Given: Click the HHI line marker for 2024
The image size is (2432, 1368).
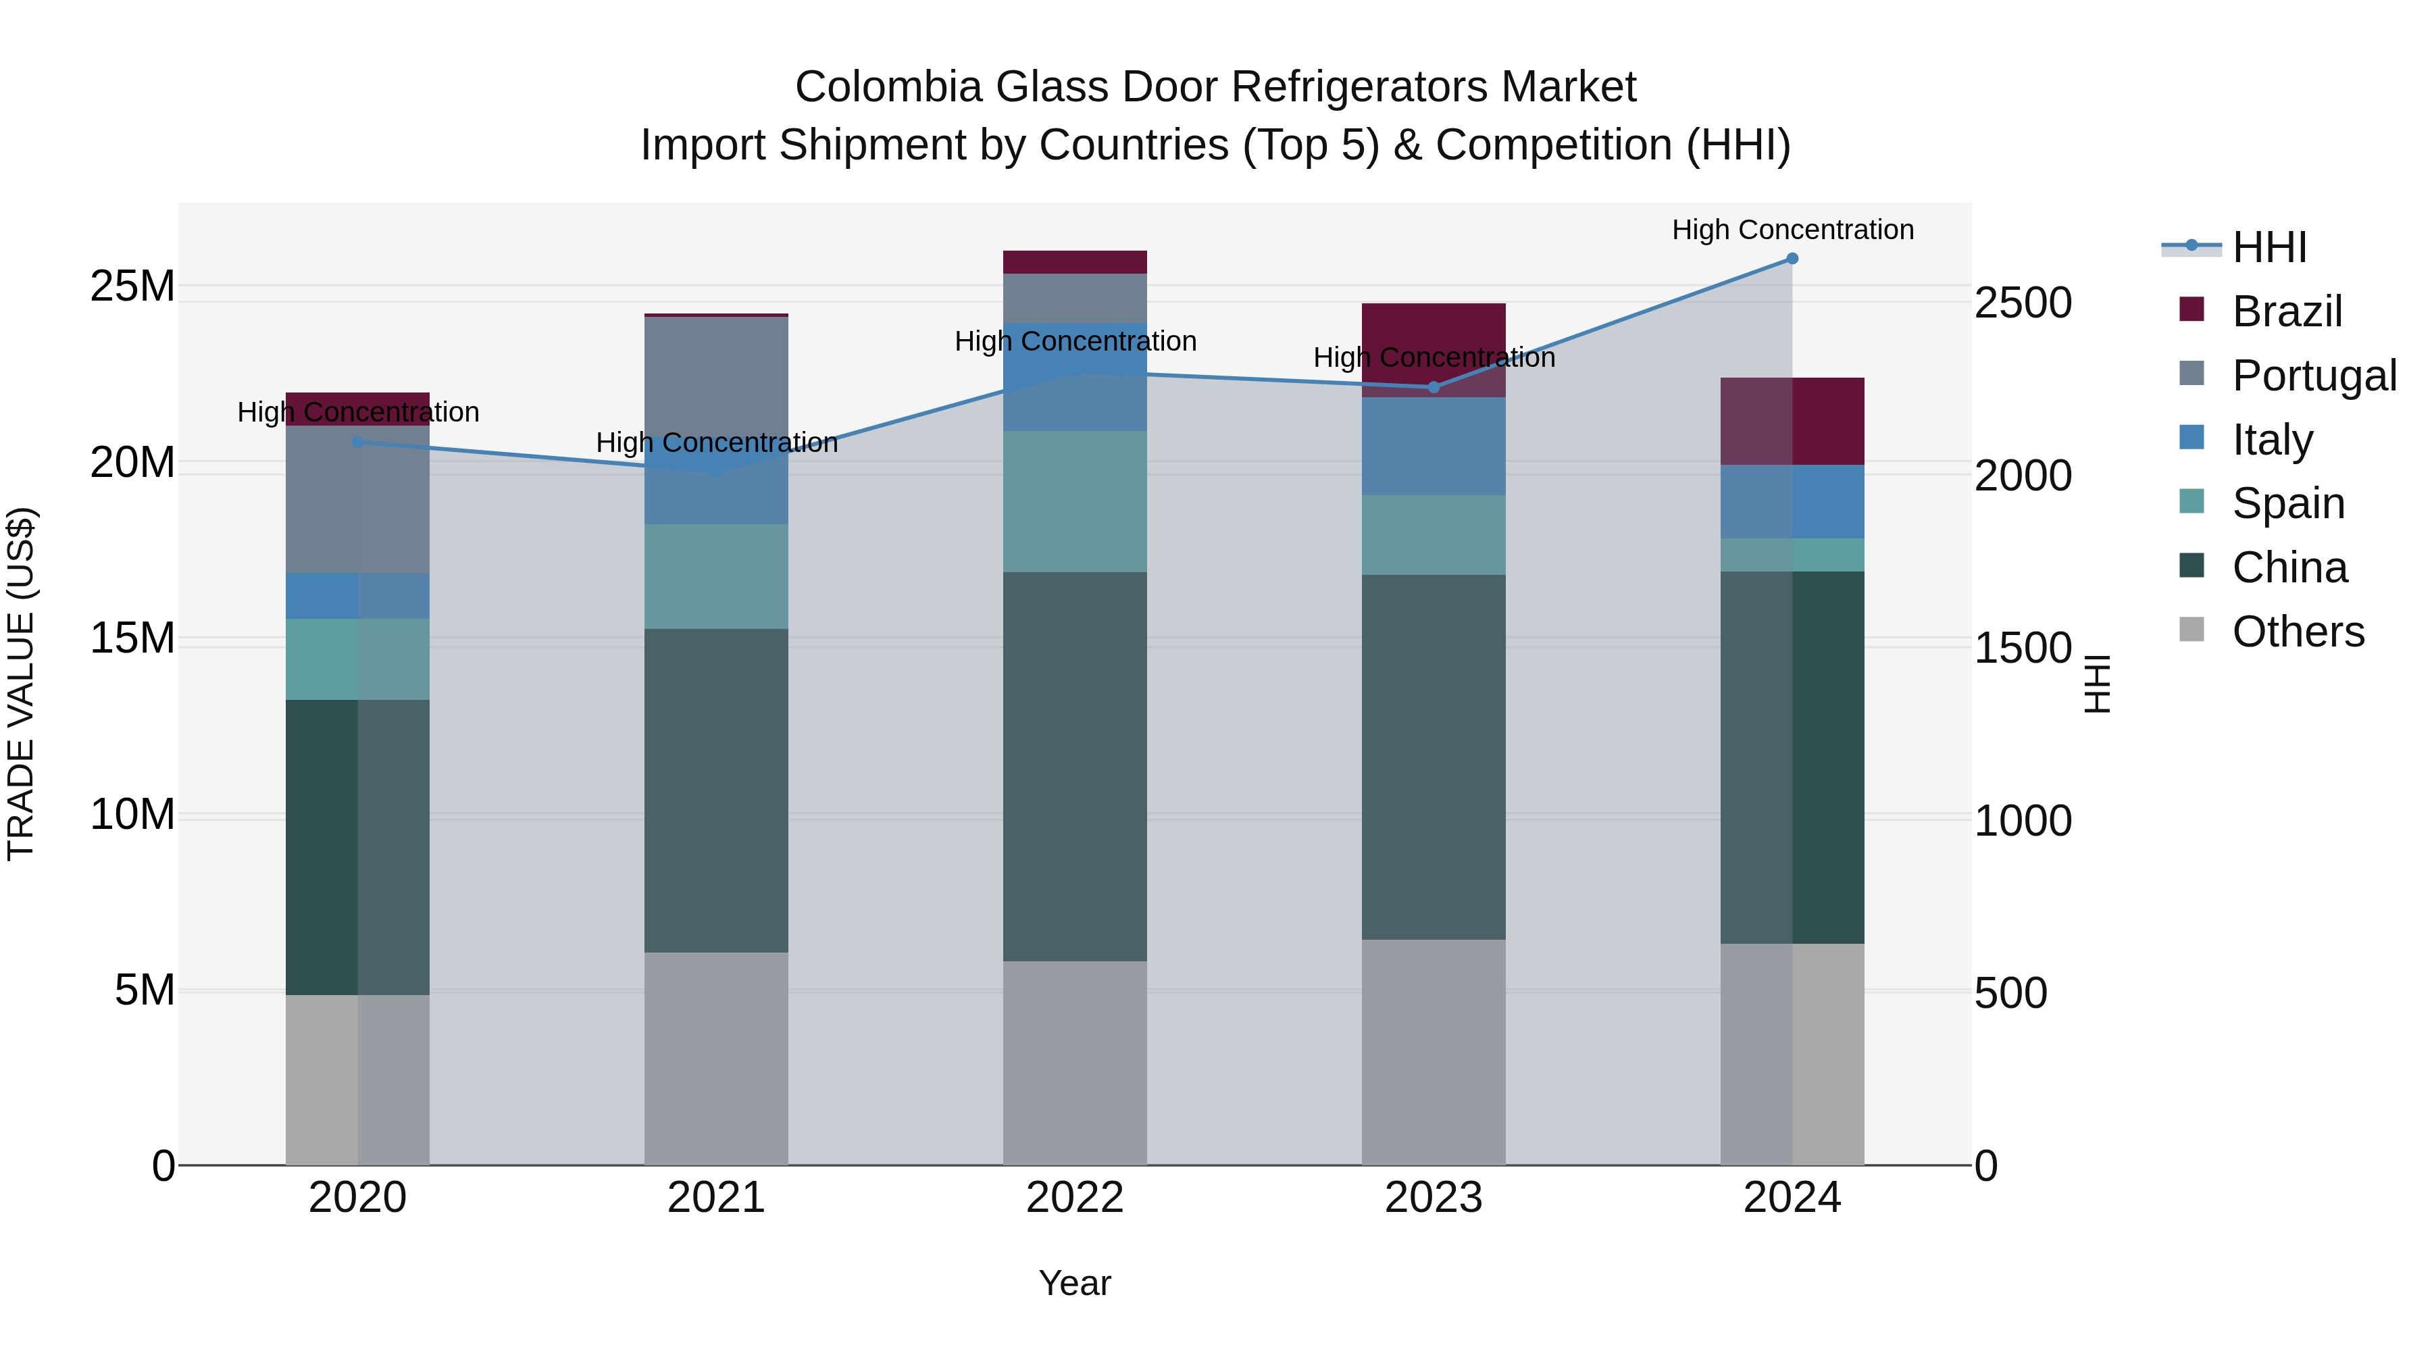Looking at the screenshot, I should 1792,259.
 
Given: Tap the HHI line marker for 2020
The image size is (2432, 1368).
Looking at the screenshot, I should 357,442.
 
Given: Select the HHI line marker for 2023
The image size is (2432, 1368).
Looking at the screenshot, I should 1433,387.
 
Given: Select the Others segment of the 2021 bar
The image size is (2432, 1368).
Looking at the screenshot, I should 715,1057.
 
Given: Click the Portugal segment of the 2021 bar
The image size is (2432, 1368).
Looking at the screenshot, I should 715,378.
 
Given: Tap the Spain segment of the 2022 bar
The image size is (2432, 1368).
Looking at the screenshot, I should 1074,501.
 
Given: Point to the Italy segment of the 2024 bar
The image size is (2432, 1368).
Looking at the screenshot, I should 1792,501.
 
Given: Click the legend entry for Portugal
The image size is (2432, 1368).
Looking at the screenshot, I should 2313,375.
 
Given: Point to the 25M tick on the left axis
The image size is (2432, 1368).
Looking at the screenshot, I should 132,286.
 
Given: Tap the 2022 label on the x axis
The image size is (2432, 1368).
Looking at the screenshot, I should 1074,1197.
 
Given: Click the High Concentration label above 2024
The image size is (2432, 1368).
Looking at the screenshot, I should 1792,230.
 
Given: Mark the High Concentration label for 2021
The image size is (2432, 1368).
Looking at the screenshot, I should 715,442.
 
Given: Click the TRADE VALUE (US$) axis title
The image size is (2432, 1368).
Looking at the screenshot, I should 21,684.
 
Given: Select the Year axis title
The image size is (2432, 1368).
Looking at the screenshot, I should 1074,1283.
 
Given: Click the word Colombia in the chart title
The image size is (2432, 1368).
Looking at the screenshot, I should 888,87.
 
